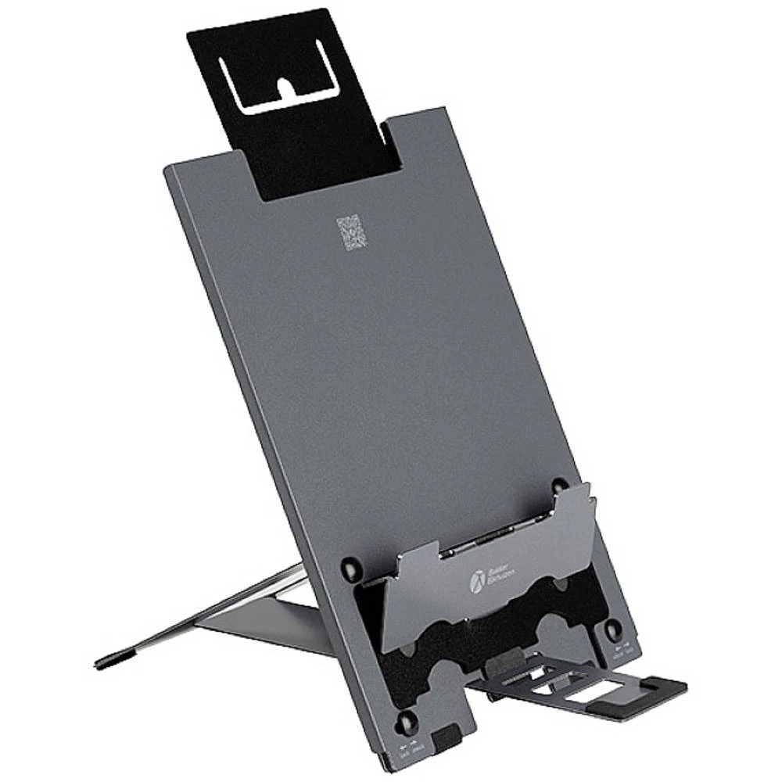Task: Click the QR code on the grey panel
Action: click(x=351, y=234)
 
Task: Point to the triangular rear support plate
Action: click(x=258, y=618)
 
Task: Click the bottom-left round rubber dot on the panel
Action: click(x=408, y=720)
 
